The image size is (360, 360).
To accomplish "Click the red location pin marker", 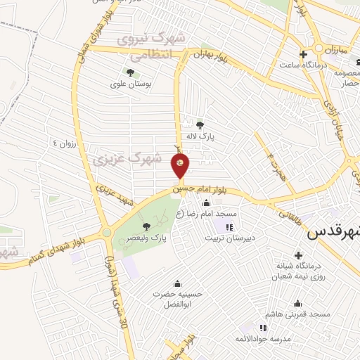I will (x=180, y=166).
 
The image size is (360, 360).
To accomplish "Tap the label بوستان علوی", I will (x=131, y=84).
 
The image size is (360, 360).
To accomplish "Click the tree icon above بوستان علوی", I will (x=130, y=72).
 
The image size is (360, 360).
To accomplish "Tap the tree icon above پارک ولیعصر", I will (x=146, y=226).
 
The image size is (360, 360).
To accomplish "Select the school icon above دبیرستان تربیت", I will (x=229, y=226).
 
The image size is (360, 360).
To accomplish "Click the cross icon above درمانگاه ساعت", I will (x=303, y=53).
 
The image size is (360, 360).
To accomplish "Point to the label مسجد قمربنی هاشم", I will (x=295, y=315).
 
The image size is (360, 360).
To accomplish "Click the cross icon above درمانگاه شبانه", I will (x=299, y=255).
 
